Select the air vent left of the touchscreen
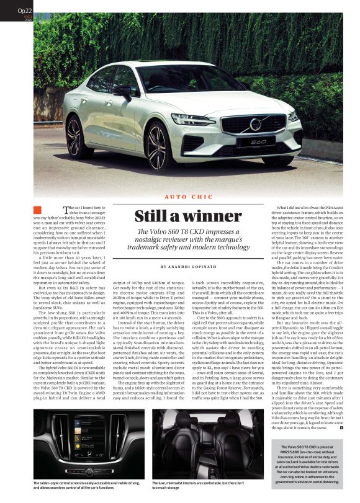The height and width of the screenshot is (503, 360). click(x=63, y=429)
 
